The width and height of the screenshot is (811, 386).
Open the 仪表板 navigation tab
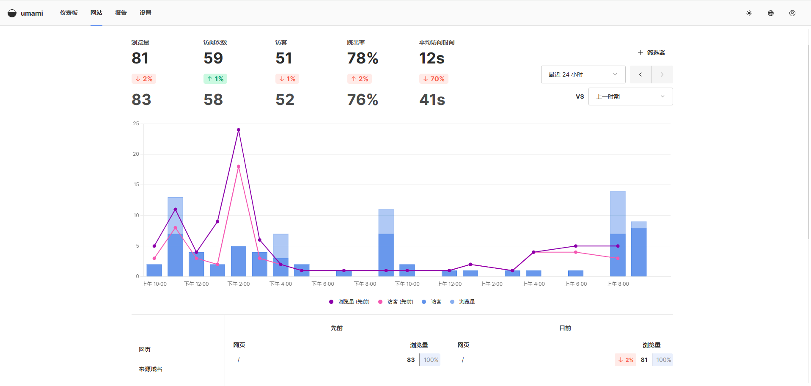pos(69,13)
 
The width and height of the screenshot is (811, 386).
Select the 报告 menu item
pos(121,13)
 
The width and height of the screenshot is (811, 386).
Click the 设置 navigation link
pos(145,13)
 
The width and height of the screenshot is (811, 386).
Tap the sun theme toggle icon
pos(749,13)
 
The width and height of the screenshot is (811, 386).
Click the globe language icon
pos(770,13)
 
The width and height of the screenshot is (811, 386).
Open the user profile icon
pos(792,13)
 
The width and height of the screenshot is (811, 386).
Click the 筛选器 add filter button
pos(652,52)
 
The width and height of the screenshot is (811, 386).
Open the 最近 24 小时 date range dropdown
pos(583,74)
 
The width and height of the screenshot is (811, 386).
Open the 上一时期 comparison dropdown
pos(630,96)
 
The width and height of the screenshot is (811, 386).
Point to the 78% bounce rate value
pos(363,58)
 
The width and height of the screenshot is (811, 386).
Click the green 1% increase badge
pos(215,79)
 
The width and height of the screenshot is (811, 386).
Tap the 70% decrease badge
pos(434,79)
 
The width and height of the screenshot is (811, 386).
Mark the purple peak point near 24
pos(239,130)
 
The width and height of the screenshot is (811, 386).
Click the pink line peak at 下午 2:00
pos(239,167)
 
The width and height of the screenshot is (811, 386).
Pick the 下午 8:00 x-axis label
pos(365,284)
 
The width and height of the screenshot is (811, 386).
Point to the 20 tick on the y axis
pos(136,154)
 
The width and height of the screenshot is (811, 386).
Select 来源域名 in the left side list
pos(151,369)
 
